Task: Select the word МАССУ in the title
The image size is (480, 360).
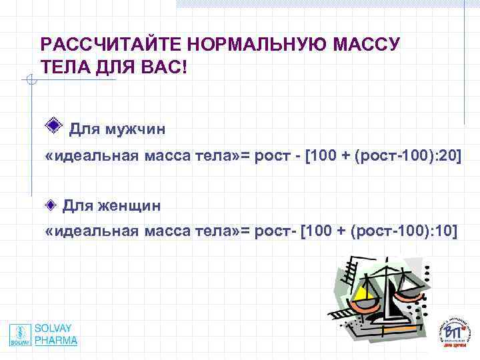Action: [364, 45]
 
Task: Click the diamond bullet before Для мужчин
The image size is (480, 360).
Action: [56, 126]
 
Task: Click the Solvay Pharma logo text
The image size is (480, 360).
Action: [56, 335]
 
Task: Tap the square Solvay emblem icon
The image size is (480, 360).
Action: [21, 335]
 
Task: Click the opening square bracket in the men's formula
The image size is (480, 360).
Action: [307, 157]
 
